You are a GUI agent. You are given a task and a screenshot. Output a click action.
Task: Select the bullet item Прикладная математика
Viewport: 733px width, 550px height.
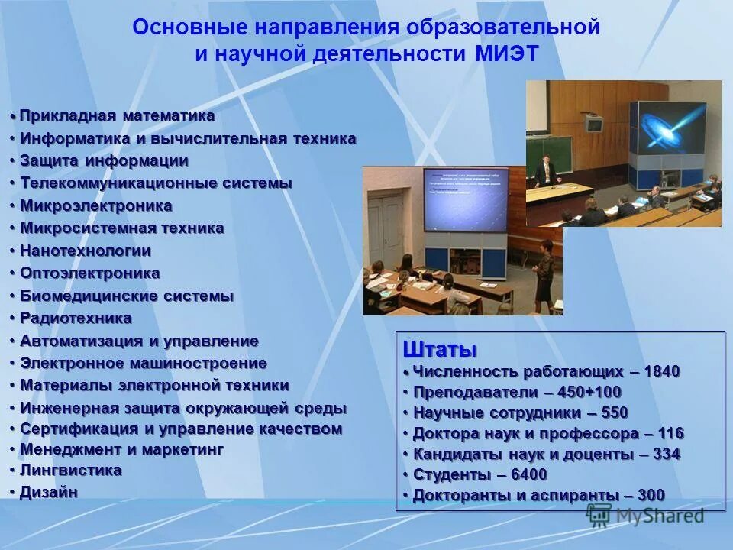[117, 116]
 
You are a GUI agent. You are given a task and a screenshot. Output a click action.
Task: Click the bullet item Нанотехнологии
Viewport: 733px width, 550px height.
[86, 251]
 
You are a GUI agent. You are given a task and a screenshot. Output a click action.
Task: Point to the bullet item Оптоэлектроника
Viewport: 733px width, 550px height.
[90, 273]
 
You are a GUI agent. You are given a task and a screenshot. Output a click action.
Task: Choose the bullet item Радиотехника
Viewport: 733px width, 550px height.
[76, 318]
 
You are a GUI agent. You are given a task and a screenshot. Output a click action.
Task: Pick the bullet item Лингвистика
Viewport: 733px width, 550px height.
[70, 470]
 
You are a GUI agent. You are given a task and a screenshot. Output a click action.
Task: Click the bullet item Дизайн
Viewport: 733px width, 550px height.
[49, 492]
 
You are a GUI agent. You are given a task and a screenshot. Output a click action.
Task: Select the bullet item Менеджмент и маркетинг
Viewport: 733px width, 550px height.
[121, 449]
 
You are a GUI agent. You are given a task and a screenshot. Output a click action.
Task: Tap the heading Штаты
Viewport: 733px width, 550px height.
[439, 350]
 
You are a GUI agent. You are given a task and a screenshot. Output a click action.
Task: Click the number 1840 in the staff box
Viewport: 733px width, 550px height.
[661, 372]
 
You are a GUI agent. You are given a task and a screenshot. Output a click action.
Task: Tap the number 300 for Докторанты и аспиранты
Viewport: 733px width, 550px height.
[651, 495]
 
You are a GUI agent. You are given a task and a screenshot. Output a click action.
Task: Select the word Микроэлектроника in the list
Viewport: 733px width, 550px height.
[95, 206]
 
